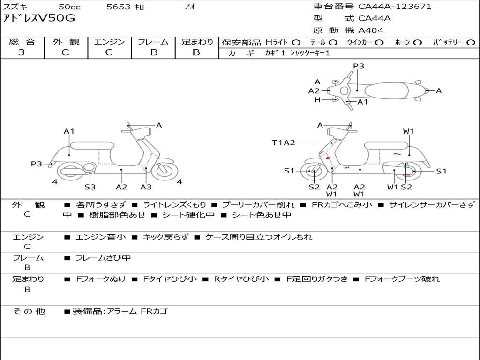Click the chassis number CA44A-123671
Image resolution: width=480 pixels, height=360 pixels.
pos(395,7)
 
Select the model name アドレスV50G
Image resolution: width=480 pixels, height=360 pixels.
pos(39,19)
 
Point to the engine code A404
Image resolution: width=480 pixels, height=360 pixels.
pos(371,30)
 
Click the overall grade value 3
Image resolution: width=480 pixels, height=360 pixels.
pos(22,52)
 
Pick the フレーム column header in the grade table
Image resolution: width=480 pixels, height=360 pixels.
pos(153,42)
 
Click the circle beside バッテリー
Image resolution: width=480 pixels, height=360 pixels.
pos(471,42)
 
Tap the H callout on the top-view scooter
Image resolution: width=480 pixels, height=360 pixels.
pos(317,100)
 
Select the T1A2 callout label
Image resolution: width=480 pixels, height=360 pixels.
pos(284,142)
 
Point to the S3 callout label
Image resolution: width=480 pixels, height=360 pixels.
pos(90,187)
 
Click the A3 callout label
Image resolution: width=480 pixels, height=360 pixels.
pos(146,187)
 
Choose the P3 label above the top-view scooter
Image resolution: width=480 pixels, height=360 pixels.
pos(359,66)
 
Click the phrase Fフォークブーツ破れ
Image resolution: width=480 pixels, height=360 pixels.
pos(402,279)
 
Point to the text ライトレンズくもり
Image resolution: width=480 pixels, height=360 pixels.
pos(174,204)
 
